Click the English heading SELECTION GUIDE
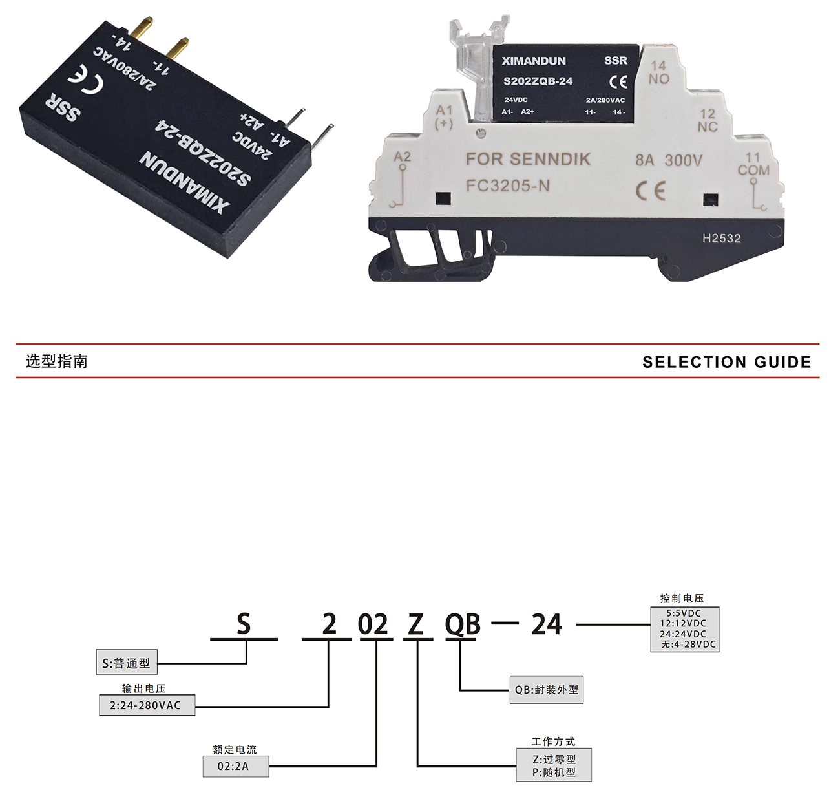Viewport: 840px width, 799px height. [x=726, y=362]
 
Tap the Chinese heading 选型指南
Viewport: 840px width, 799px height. [x=57, y=361]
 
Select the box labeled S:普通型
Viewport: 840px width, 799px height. [x=126, y=663]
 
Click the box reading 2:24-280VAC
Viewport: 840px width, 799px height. [x=146, y=705]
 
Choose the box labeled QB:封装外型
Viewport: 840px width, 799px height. [x=547, y=690]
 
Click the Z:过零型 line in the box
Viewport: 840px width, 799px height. [x=554, y=760]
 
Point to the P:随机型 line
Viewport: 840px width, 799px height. [x=554, y=772]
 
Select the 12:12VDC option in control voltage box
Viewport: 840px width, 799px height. [x=684, y=624]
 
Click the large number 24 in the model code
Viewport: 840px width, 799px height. [x=547, y=625]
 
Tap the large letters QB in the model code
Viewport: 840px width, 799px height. [x=463, y=625]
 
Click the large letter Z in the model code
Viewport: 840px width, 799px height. [x=415, y=625]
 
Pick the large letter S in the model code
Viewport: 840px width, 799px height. [x=243, y=625]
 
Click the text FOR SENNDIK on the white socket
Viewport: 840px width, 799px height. [x=528, y=160]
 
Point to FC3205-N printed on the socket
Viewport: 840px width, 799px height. [x=508, y=186]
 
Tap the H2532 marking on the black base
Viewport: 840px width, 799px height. [x=722, y=239]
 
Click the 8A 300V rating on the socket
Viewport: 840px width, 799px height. [x=668, y=160]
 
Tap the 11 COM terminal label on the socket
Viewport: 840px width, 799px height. [x=753, y=164]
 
